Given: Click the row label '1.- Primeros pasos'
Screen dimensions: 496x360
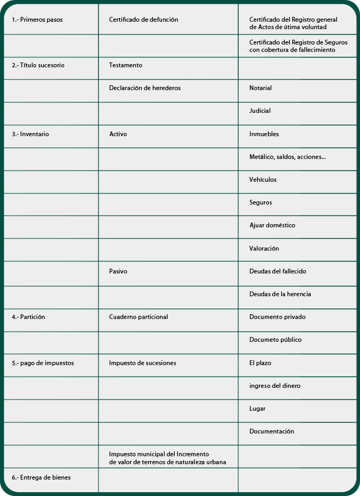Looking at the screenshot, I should click(x=37, y=20).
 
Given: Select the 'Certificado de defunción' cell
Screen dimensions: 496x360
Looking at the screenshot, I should click(x=143, y=20).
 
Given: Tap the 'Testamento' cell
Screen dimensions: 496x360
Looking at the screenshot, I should click(x=125, y=65).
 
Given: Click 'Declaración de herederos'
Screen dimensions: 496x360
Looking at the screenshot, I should click(x=145, y=88).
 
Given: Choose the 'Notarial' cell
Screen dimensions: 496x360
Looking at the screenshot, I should click(x=260, y=88).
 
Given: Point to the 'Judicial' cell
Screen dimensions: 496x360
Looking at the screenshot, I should click(x=260, y=111).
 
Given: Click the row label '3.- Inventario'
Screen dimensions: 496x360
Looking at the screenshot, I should click(x=30, y=134).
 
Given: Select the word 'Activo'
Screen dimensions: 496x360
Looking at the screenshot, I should click(x=118, y=134).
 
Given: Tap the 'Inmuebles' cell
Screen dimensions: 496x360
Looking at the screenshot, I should click(x=264, y=134).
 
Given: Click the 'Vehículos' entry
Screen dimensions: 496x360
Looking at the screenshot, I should click(x=263, y=180).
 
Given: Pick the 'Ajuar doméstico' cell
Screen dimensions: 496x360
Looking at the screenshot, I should click(x=272, y=225).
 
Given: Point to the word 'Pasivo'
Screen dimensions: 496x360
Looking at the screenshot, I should click(x=118, y=271).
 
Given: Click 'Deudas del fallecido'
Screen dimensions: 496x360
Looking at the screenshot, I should click(x=278, y=271).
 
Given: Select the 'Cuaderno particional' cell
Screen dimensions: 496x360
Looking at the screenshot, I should click(x=138, y=317).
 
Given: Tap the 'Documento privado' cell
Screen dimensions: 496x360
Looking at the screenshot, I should click(x=277, y=317).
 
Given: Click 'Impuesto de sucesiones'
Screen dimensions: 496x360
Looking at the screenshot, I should click(x=142, y=363).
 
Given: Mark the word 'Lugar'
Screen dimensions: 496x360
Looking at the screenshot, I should click(x=257, y=409).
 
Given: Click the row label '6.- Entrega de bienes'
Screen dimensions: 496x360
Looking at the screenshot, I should click(x=41, y=477).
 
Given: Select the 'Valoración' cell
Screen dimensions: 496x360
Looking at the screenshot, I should click(x=264, y=249).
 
